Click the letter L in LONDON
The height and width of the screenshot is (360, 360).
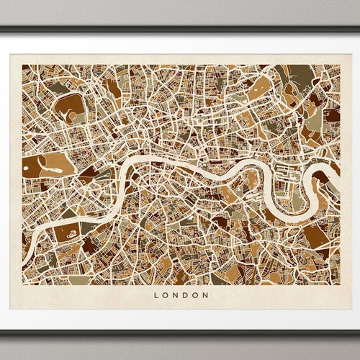click(x=157, y=294)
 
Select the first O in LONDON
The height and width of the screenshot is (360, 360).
click(x=166, y=294)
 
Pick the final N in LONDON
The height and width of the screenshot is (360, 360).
click(x=205, y=294)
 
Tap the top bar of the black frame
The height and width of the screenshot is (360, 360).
click(x=180, y=30)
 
